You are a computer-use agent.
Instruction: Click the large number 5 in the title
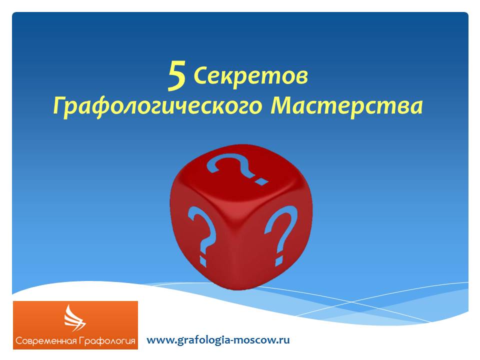[176, 75]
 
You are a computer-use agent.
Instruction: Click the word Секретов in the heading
[250, 75]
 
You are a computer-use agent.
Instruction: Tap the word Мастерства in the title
[347, 106]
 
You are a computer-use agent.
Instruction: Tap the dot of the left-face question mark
[203, 260]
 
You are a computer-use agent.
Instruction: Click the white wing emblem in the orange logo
[74, 318]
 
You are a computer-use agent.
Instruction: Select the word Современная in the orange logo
[45, 340]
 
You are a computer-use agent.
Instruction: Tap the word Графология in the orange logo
[106, 341]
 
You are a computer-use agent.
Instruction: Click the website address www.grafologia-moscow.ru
[218, 340]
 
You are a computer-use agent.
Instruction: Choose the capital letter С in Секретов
[201, 75]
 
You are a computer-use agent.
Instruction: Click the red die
[241, 216]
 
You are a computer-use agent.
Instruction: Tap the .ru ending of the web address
[282, 340]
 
